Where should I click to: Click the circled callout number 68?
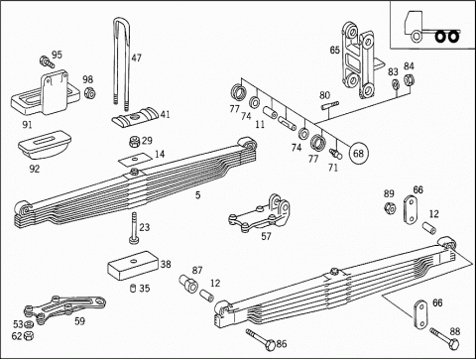[x=358, y=154]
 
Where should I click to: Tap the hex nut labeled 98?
[x=89, y=93]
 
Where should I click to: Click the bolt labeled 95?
[x=47, y=61]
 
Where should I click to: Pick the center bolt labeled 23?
[x=134, y=229]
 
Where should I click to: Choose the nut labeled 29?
[x=134, y=142]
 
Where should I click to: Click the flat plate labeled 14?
[x=135, y=160]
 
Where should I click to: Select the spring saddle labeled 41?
[x=135, y=117]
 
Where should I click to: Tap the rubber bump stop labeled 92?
[x=45, y=146]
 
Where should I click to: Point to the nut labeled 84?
[x=410, y=79]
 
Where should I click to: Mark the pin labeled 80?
[x=329, y=105]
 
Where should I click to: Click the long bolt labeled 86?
[x=260, y=339]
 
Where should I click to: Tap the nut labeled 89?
[x=390, y=208]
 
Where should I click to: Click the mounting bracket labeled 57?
[x=260, y=215]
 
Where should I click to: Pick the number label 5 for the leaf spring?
[x=197, y=195]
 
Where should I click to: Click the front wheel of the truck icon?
[x=416, y=36]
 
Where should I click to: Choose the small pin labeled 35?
[x=133, y=288]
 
